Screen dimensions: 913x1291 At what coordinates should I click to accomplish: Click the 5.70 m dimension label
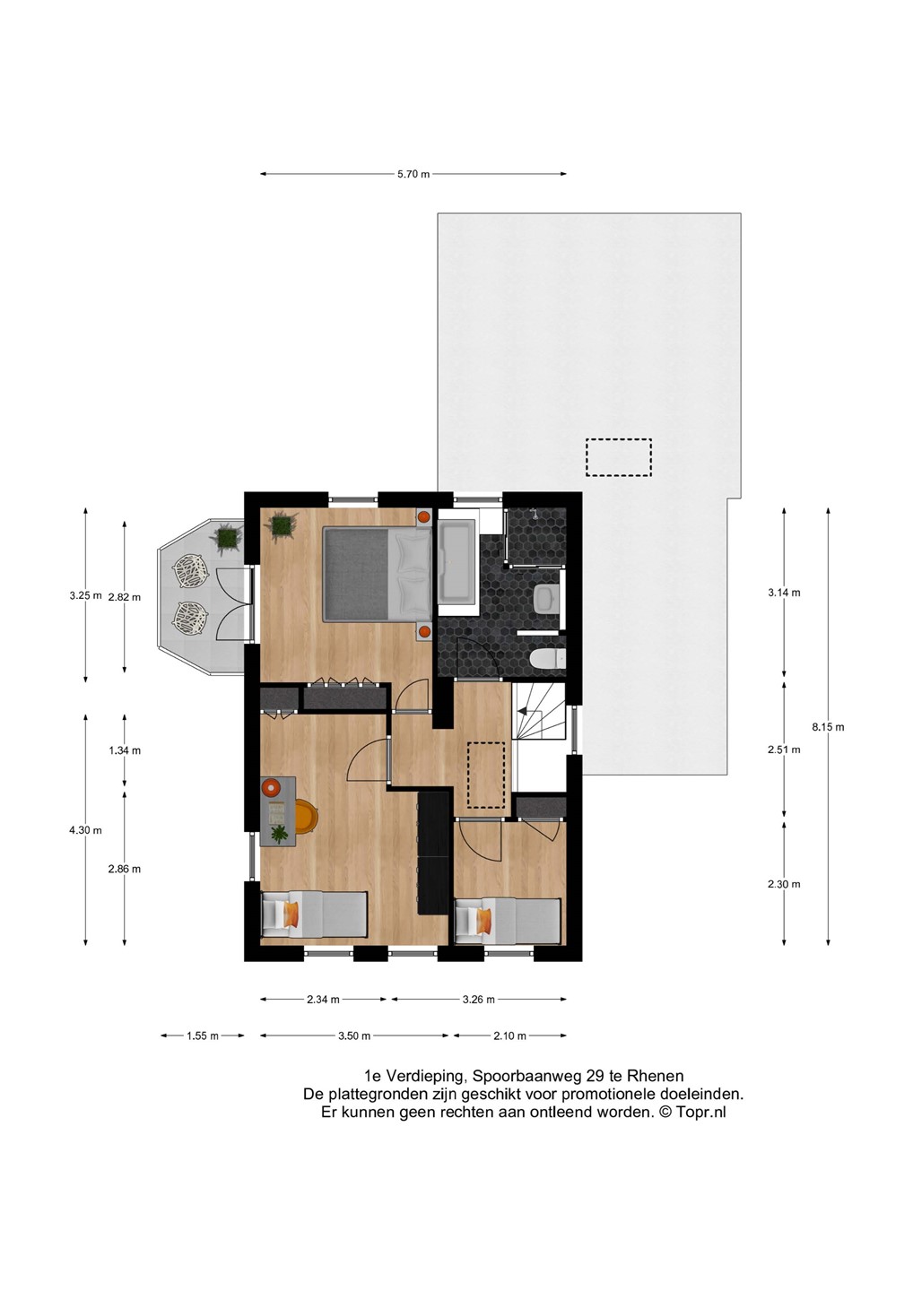(413, 174)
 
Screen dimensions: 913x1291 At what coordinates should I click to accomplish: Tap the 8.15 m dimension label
(828, 727)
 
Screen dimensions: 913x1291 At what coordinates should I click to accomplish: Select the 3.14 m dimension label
(784, 593)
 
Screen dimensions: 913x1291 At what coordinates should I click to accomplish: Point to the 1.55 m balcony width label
(203, 1035)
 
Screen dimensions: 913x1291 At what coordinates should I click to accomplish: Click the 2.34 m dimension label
(323, 1000)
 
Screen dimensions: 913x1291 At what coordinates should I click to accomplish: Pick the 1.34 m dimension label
(125, 750)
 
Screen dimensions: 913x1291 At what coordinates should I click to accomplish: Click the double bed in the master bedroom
(377, 575)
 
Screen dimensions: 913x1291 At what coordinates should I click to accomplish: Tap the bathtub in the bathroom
(457, 561)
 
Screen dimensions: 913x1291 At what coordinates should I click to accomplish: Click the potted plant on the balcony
(227, 538)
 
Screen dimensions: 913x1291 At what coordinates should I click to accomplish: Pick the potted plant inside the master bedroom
(281, 525)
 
